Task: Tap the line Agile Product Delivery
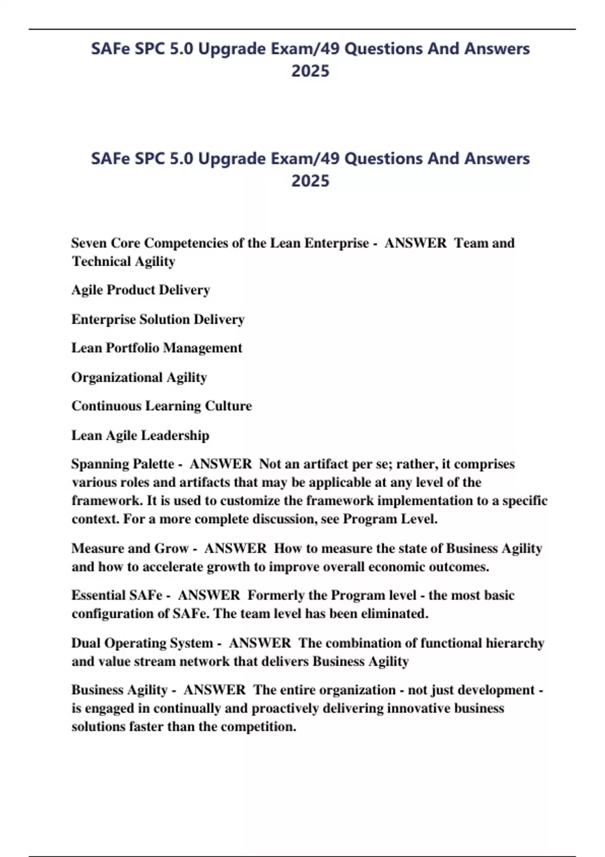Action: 141,290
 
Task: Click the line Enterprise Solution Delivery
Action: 158,319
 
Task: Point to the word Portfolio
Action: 133,348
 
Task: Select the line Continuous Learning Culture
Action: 161,406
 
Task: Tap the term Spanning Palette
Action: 123,464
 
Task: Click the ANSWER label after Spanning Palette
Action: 220,464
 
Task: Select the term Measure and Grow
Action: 130,548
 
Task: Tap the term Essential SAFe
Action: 116,595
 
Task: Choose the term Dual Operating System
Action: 142,643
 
